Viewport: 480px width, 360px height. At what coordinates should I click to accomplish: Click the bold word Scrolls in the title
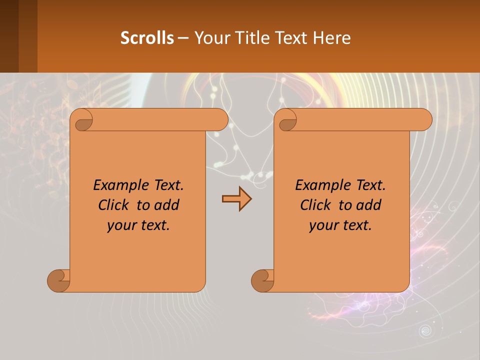(x=147, y=37)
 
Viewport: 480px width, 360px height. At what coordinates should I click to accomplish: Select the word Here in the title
(x=331, y=37)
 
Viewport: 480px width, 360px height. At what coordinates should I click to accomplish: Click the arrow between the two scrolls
(x=236, y=198)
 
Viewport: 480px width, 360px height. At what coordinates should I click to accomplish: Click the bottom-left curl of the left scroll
(x=58, y=280)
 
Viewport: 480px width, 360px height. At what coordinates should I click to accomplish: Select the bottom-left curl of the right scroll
(x=262, y=280)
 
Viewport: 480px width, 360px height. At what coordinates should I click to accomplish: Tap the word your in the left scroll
(x=120, y=225)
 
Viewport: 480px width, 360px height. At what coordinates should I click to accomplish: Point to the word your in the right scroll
(x=322, y=225)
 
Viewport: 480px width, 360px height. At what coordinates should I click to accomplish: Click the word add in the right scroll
(x=369, y=205)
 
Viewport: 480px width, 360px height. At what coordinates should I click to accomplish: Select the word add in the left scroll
(x=167, y=205)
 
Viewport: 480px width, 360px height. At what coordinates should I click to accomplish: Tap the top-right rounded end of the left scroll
(x=220, y=120)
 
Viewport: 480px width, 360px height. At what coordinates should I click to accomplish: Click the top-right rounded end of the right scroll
(x=424, y=120)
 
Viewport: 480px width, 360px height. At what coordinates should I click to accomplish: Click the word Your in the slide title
(x=209, y=37)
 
